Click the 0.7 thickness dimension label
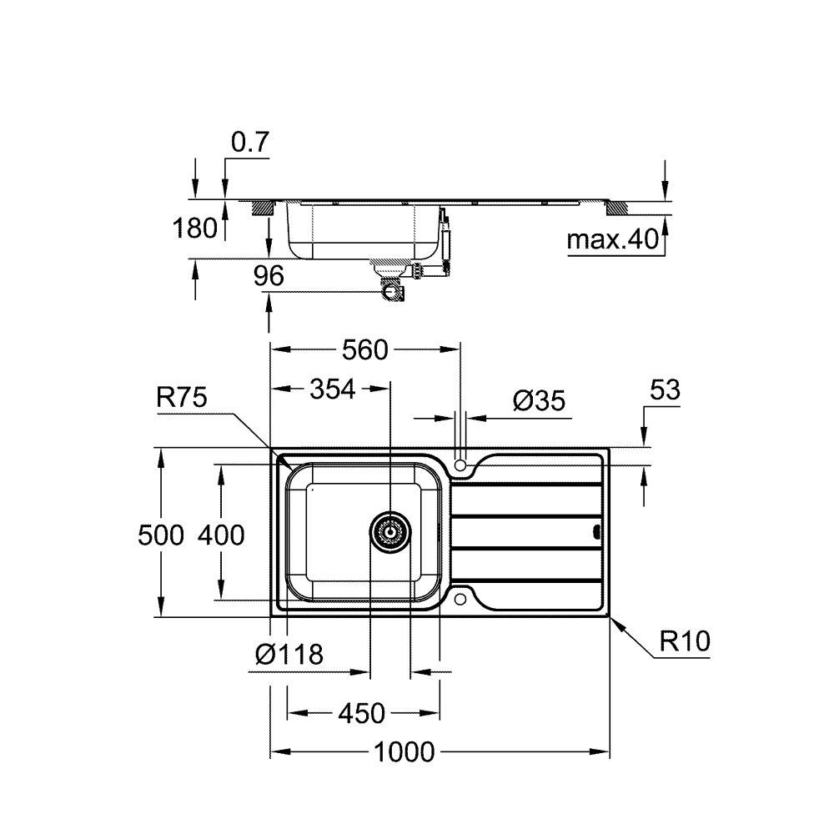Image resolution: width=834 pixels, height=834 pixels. [249, 143]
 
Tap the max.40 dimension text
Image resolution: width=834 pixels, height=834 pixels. [613, 241]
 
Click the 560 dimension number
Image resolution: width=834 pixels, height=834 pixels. [365, 351]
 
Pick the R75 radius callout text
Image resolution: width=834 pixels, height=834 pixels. [181, 399]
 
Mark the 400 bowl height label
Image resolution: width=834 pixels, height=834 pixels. [221, 535]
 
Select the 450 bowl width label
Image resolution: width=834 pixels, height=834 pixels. [363, 714]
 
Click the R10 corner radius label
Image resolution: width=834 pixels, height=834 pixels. [684, 641]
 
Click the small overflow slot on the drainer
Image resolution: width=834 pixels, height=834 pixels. [595, 530]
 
